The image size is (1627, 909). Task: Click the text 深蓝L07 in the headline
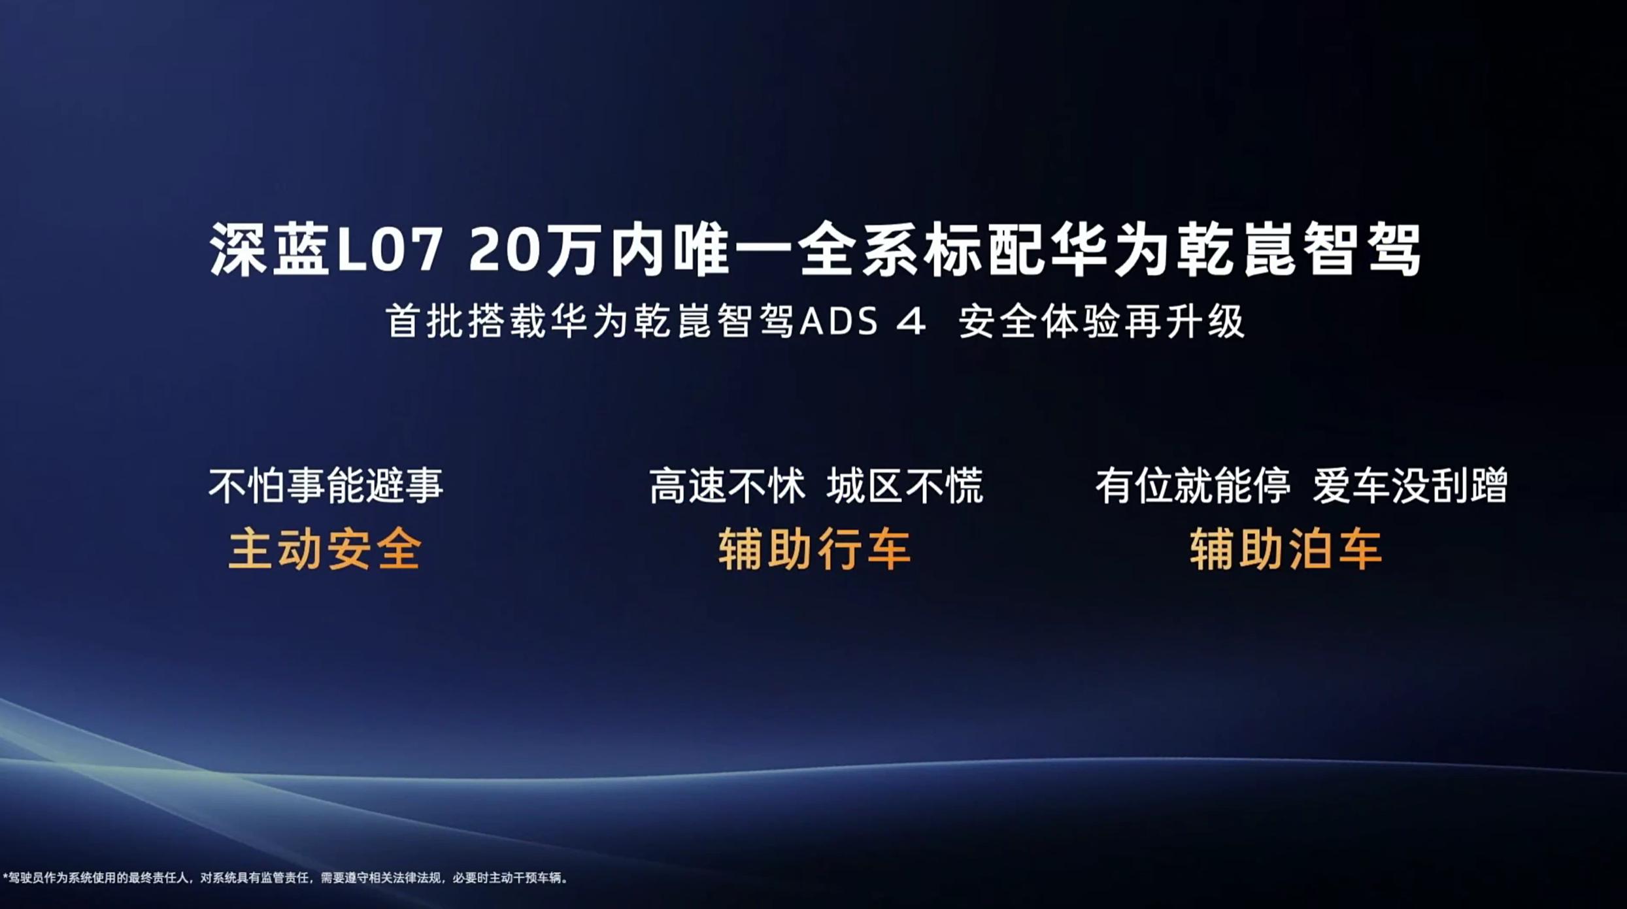(x=326, y=250)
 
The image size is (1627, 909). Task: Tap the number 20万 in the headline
(x=533, y=250)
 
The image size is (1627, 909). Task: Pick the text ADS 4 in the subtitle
(x=862, y=322)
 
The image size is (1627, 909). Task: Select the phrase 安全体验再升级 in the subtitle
(x=1101, y=322)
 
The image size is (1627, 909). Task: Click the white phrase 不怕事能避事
(x=326, y=486)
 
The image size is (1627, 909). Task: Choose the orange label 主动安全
(x=325, y=549)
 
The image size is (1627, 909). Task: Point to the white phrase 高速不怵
(x=728, y=486)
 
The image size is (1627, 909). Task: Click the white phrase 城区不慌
(x=905, y=486)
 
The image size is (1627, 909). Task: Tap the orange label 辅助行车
(x=814, y=549)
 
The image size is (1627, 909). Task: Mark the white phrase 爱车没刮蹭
(x=1411, y=486)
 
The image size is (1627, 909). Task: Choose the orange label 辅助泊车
(x=1286, y=549)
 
